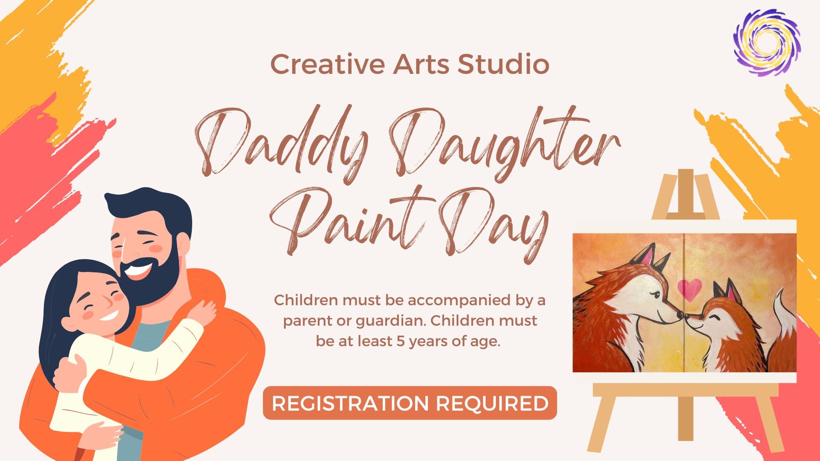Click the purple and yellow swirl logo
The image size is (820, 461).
click(767, 42)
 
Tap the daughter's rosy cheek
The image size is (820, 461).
click(88, 315)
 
